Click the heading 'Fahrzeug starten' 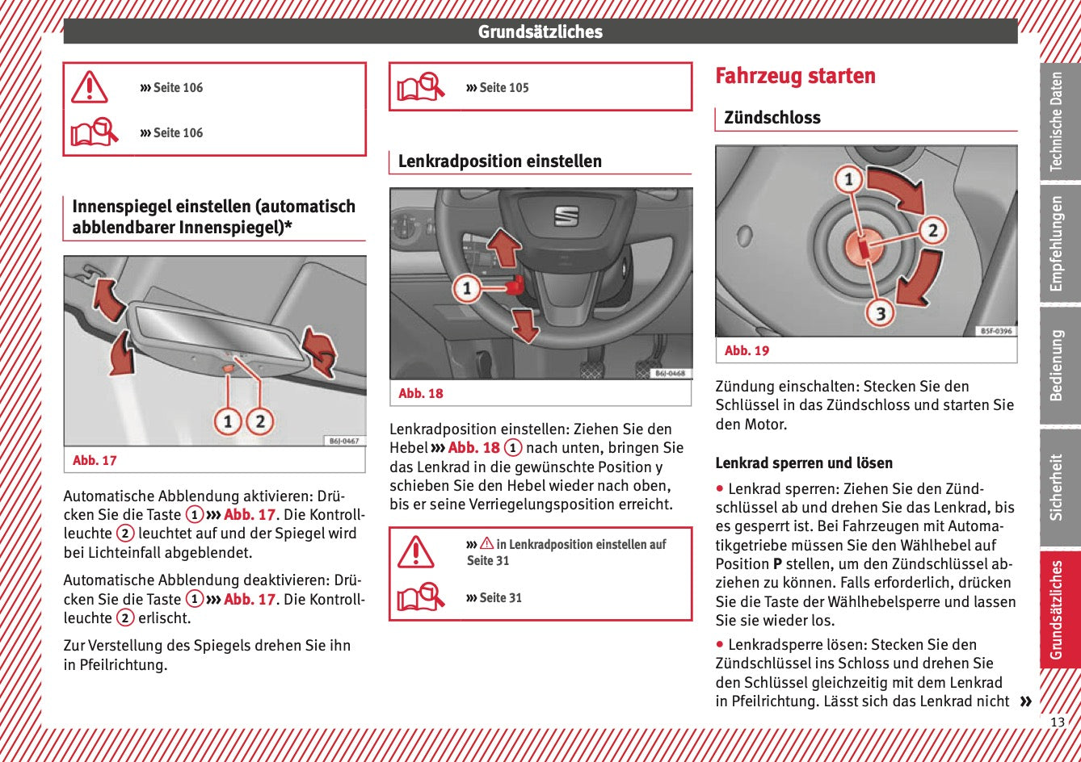pyautogui.click(x=795, y=76)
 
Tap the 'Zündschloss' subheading pyautogui.click(x=772, y=118)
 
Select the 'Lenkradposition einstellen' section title pyautogui.click(x=499, y=161)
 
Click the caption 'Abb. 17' pyautogui.click(x=95, y=460)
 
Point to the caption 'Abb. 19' pyautogui.click(x=747, y=350)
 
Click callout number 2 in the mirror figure pyautogui.click(x=259, y=421)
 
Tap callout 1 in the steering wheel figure pyautogui.click(x=466, y=288)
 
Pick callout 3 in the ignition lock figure pyautogui.click(x=881, y=312)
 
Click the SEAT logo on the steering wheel pyautogui.click(x=566, y=216)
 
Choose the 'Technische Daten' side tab pyautogui.click(x=1057, y=122)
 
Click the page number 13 pyautogui.click(x=1057, y=722)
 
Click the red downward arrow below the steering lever pyautogui.click(x=525, y=324)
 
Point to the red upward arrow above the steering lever pyautogui.click(x=505, y=246)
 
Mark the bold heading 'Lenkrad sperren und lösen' pyautogui.click(x=803, y=463)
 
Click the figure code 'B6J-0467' pyautogui.click(x=344, y=441)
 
